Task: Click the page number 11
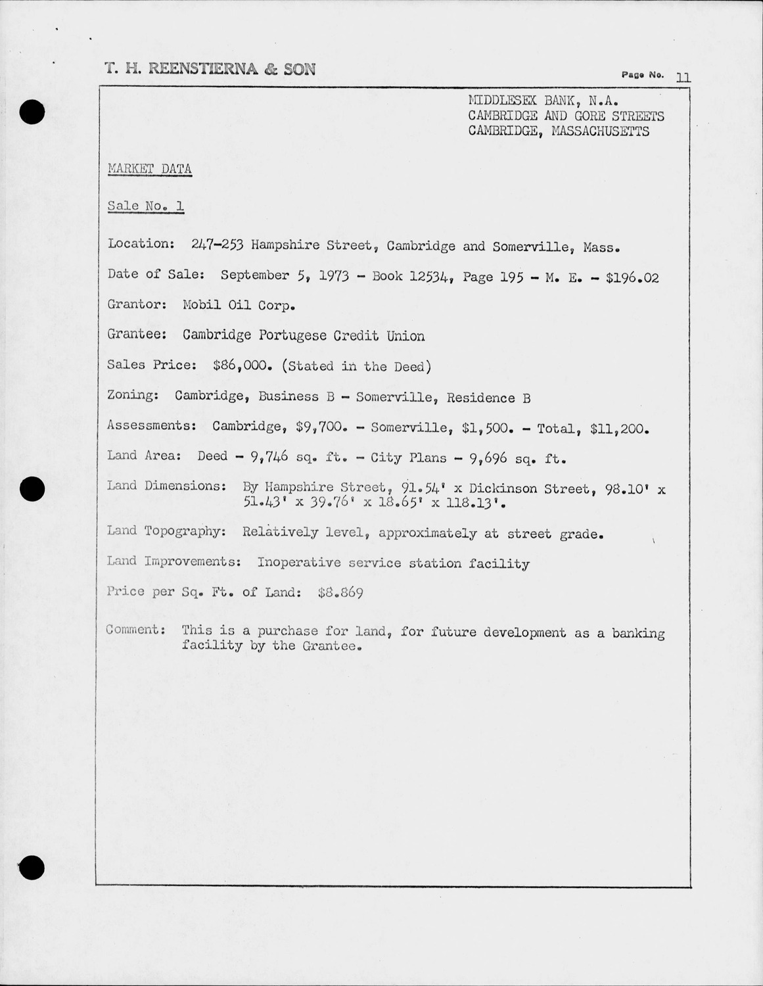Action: [683, 78]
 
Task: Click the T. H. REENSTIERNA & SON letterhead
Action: [210, 69]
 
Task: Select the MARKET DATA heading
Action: [150, 169]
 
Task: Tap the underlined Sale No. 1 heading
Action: [146, 206]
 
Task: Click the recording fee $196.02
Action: [632, 277]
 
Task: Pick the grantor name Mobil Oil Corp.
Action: [239, 306]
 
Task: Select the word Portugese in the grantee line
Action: [292, 336]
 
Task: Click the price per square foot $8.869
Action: [340, 593]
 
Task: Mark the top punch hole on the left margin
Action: [32, 112]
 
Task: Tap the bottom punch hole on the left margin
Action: [32, 868]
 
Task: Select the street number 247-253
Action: [218, 245]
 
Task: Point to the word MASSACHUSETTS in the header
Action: [600, 131]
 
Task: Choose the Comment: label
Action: [135, 630]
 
